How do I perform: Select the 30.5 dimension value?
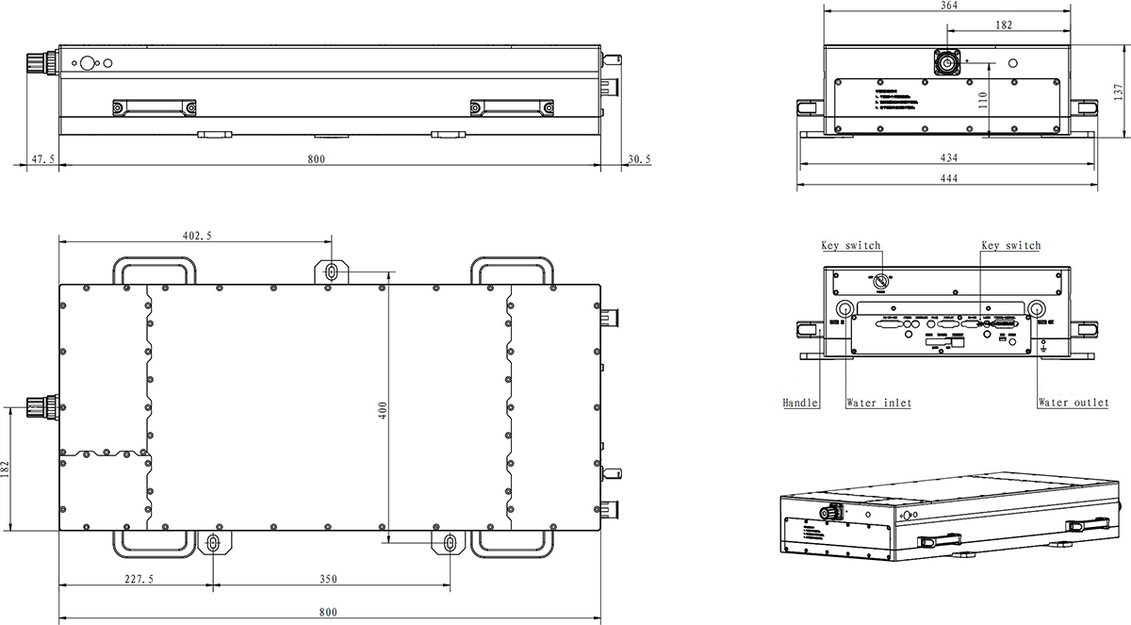[638, 159]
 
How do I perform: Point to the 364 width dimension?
[948, 6]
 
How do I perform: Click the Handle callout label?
[800, 403]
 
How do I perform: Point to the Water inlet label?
[878, 403]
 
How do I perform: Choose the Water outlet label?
[1073, 403]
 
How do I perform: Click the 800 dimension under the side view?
[316, 159]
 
